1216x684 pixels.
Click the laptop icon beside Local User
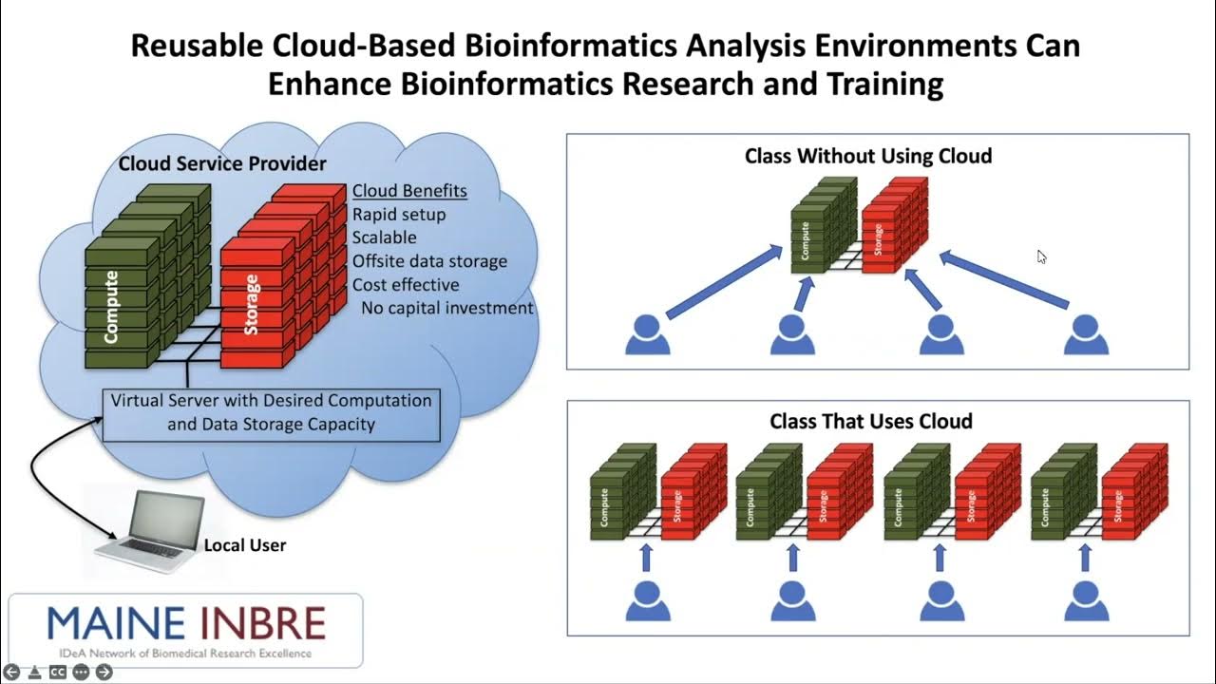click(x=151, y=533)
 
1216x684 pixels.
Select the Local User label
click(x=245, y=545)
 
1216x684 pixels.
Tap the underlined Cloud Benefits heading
click(x=409, y=191)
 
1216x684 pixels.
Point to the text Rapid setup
click(x=399, y=214)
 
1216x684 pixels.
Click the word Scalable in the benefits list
click(x=384, y=237)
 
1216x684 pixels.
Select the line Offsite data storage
click(x=429, y=260)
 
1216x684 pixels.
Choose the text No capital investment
click(x=446, y=308)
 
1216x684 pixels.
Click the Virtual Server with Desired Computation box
click(x=271, y=412)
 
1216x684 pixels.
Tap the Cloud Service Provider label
click(x=222, y=163)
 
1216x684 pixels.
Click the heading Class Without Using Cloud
click(x=868, y=156)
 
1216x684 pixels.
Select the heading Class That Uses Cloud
click(x=870, y=421)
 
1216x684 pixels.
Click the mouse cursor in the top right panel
click(x=1042, y=256)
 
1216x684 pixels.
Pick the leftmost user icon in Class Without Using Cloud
click(x=648, y=335)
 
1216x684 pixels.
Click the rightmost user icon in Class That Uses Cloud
click(x=1086, y=602)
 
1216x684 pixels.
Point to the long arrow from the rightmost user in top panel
click(x=1005, y=281)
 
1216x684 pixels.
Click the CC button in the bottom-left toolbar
click(x=58, y=672)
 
